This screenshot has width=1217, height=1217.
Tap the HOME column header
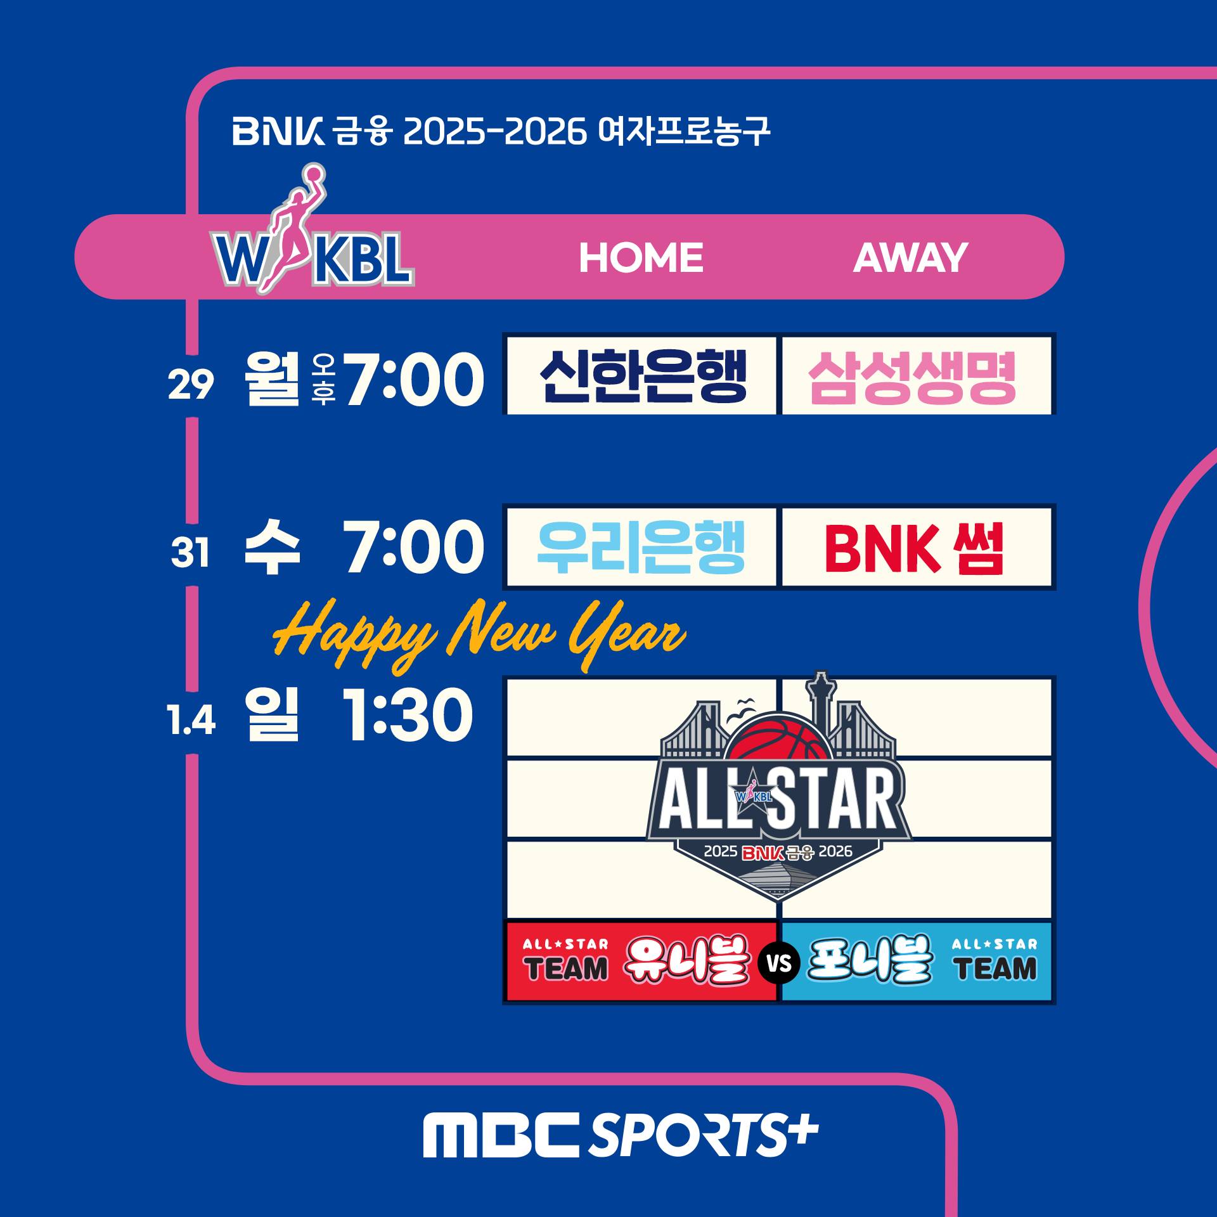[x=641, y=257]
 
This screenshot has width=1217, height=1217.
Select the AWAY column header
[x=910, y=257]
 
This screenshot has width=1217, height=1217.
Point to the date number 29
[x=191, y=384]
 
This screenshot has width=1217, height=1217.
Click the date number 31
[x=190, y=553]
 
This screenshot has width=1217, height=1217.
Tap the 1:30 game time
[x=408, y=716]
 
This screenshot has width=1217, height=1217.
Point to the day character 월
[x=272, y=378]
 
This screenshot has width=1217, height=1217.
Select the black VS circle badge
[x=779, y=963]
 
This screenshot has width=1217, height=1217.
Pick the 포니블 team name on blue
[x=870, y=959]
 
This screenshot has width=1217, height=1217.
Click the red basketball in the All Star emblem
[x=778, y=743]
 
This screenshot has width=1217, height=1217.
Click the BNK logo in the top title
[x=278, y=131]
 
